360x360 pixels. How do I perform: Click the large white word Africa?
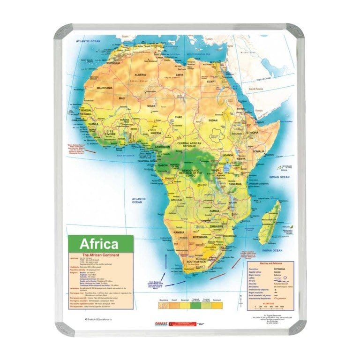point(99,244)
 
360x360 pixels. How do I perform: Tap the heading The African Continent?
point(101,255)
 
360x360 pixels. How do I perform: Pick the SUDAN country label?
point(213,120)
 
